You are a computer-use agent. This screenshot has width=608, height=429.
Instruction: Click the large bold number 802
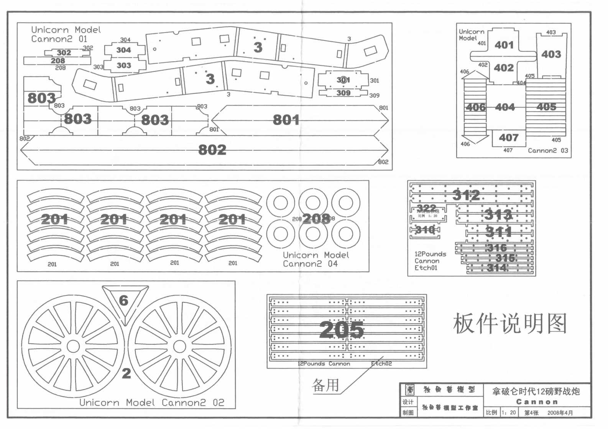(x=212, y=150)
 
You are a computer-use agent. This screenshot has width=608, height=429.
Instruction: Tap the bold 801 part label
(x=286, y=120)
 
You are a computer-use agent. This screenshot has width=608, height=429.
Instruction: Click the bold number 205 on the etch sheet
(x=341, y=329)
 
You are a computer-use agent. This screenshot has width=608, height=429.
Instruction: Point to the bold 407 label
(x=509, y=138)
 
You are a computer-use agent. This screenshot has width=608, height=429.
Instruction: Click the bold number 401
(x=504, y=45)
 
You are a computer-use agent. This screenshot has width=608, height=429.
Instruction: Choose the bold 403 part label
(x=551, y=54)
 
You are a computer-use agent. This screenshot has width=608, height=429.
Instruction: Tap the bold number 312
(x=466, y=195)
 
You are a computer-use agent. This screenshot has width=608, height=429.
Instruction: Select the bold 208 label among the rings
(x=316, y=219)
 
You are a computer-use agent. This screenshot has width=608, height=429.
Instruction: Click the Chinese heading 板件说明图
(x=510, y=324)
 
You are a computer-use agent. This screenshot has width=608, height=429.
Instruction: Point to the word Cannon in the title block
(x=537, y=402)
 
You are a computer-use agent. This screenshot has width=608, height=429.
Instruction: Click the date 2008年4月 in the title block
(x=560, y=413)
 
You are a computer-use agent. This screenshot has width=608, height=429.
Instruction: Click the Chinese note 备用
(x=326, y=385)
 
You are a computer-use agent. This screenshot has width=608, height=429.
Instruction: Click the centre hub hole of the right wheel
(x=179, y=347)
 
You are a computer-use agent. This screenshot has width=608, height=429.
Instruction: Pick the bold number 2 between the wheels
(x=126, y=373)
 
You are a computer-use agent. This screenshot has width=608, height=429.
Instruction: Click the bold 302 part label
(x=64, y=53)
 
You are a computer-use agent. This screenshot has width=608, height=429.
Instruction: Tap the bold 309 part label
(x=343, y=93)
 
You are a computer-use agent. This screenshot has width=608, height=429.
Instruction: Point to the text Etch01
(x=426, y=268)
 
